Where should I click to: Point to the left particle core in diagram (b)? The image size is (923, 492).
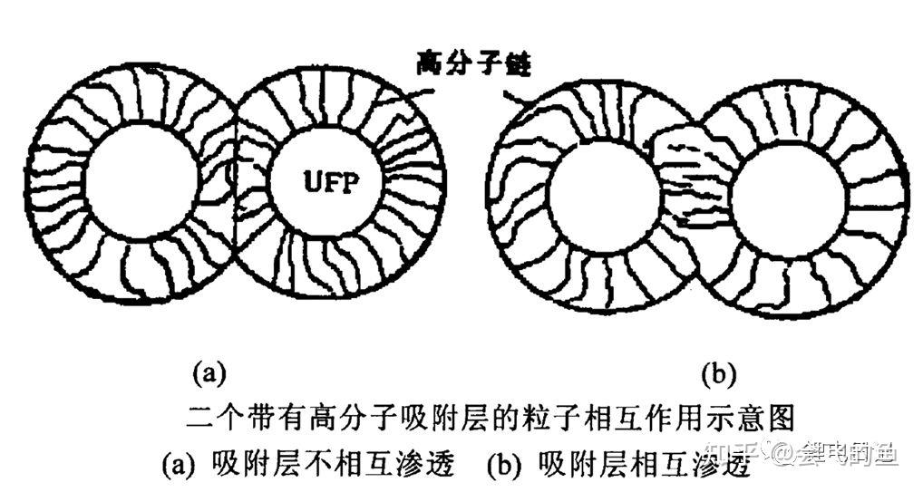point(603,195)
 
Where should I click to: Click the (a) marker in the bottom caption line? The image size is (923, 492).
point(178,465)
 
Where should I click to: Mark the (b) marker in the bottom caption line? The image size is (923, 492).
point(503,465)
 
